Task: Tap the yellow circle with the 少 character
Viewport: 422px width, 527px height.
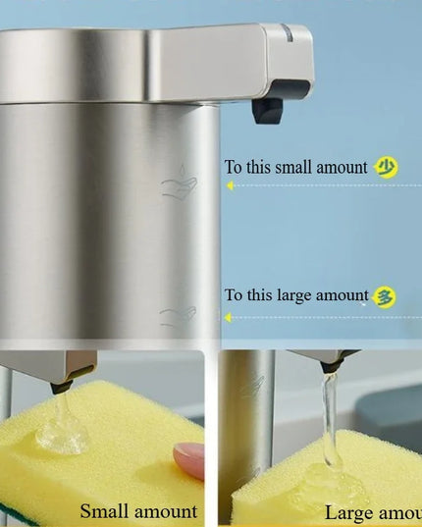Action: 387,168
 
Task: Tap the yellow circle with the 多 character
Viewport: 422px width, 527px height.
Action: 386,295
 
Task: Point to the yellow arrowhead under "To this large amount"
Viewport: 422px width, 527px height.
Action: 229,317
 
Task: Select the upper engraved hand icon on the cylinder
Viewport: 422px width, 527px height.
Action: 179,184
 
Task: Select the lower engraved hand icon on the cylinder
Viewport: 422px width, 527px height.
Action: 178,316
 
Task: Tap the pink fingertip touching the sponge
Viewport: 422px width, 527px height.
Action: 187,458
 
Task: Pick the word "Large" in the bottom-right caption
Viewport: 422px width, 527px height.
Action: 350,512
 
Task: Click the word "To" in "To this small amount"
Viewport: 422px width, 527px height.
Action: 234,168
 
